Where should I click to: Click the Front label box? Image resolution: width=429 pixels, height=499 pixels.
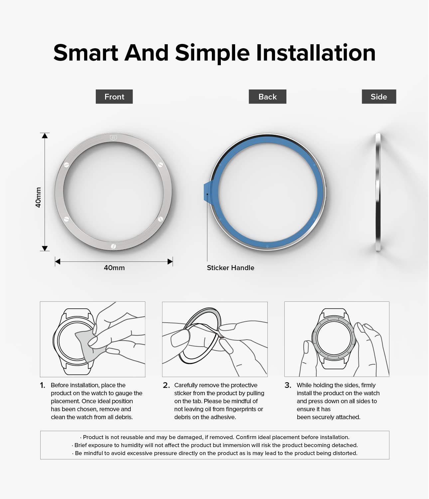114,96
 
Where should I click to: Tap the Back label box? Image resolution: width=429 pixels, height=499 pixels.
267,96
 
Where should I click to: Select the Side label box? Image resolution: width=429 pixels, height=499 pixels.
379,96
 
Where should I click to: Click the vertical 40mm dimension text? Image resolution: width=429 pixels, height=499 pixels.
38,197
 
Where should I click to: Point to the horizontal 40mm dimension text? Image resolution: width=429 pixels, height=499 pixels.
114,268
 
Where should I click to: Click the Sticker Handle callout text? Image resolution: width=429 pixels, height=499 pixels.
230,268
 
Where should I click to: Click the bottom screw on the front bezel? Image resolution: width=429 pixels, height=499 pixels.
113,246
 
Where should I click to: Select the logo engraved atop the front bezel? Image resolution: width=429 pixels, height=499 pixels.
113,138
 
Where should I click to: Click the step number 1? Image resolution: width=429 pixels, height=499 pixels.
43,385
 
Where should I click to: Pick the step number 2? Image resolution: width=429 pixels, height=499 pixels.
166,385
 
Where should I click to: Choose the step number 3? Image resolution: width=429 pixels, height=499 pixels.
288,385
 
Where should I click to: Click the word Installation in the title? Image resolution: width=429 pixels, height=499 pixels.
316,53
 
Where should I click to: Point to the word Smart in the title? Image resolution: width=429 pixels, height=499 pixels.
86,53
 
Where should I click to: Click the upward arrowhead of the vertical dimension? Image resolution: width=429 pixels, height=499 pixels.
45,135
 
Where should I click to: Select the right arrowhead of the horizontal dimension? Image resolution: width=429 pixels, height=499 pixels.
170,261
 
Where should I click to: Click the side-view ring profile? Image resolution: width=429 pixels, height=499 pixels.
378,192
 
